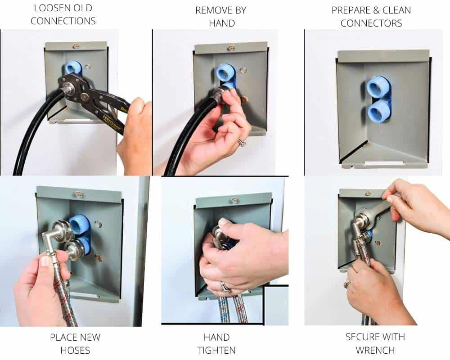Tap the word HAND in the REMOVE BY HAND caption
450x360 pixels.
[x=222, y=23]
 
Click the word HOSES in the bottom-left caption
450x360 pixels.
[x=75, y=350]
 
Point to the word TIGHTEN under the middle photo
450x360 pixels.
[x=216, y=350]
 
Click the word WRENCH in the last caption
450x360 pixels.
[x=375, y=350]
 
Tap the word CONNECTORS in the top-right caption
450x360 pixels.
[x=371, y=23]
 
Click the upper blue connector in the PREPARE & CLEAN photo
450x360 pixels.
[x=377, y=87]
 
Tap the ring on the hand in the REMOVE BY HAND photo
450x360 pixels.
[x=242, y=142]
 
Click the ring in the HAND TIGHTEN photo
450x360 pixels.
[x=226, y=288]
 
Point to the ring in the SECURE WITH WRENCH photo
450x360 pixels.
[x=347, y=284]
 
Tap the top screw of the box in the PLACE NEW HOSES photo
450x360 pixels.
[x=78, y=194]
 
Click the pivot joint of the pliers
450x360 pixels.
[x=85, y=95]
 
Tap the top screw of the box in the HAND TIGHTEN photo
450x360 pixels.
[x=234, y=200]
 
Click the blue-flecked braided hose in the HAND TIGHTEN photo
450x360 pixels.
[x=224, y=310]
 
